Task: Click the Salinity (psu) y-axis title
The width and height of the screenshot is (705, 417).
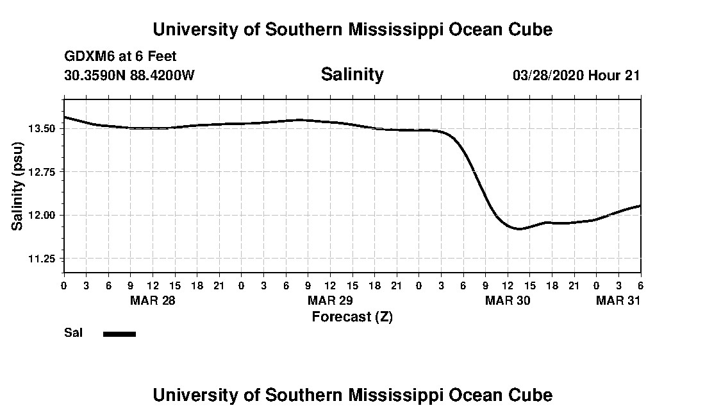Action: click(x=18, y=186)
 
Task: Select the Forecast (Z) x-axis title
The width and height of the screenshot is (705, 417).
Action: click(x=352, y=317)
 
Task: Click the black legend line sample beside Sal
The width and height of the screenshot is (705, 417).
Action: click(x=119, y=334)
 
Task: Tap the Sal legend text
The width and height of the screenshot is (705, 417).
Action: click(x=74, y=333)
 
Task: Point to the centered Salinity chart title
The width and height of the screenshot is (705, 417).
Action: click(x=352, y=74)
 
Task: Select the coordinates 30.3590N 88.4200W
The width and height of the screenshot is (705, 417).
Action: click(x=129, y=75)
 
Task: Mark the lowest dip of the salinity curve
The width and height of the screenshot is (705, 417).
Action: click(x=519, y=228)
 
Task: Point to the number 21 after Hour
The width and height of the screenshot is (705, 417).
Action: click(x=632, y=76)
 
